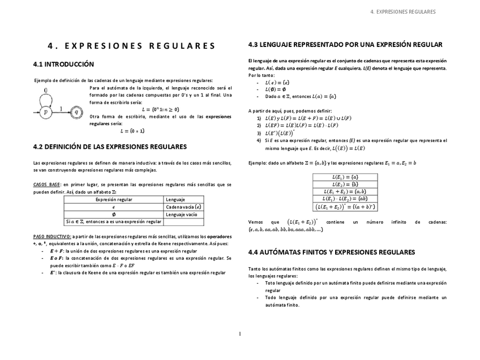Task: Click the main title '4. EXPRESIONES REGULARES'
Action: (131, 46)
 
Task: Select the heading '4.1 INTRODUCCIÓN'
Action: (63, 65)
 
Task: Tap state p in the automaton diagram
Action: (46, 113)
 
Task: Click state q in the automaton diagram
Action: (78, 113)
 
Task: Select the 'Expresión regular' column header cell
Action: (114, 200)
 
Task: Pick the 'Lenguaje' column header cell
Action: (175, 200)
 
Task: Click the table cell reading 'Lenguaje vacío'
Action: (181, 215)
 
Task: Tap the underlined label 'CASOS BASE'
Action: (47, 185)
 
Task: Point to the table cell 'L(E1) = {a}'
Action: (345, 177)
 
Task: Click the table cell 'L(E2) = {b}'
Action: (345, 185)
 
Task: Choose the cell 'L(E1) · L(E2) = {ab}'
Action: (345, 199)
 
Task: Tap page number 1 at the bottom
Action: (240, 334)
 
